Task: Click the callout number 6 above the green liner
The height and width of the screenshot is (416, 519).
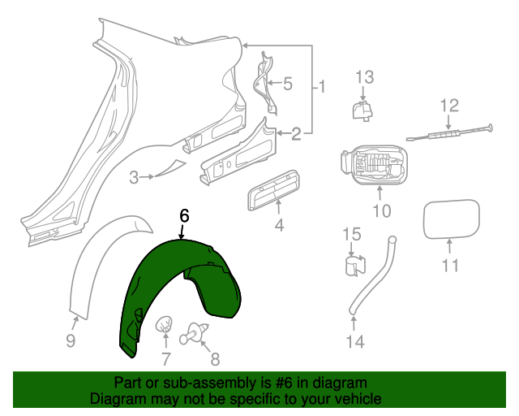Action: (x=184, y=215)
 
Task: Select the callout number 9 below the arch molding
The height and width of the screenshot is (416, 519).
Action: (x=71, y=341)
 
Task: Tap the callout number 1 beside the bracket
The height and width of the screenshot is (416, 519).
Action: (x=321, y=86)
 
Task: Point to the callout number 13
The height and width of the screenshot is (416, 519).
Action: (x=364, y=77)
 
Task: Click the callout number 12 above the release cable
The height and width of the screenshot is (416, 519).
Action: (x=449, y=105)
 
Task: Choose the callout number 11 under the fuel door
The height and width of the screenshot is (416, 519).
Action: (x=450, y=265)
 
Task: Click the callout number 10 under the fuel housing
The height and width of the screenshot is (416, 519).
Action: (x=381, y=211)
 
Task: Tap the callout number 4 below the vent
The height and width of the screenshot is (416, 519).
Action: (x=279, y=225)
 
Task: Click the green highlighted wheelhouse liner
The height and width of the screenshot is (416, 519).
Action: (x=162, y=284)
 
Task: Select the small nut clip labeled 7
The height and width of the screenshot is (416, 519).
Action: (x=164, y=326)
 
